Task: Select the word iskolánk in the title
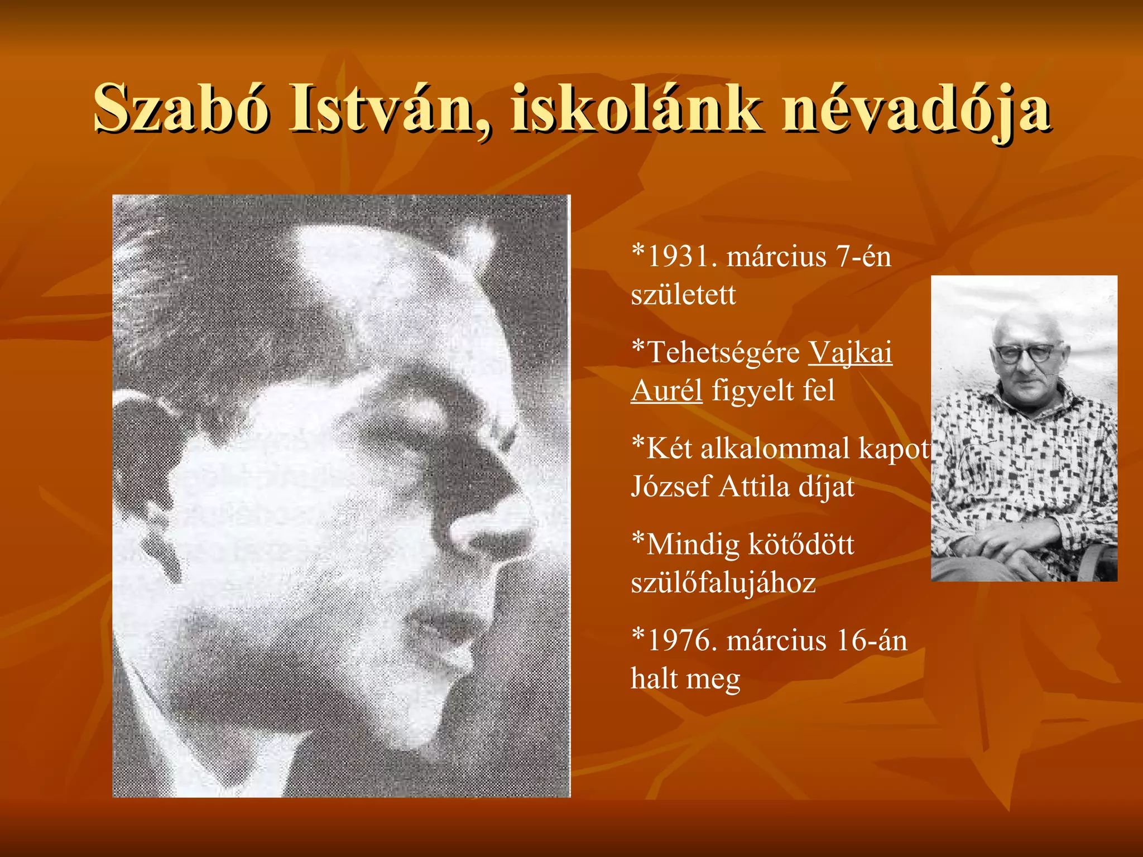click(x=636, y=108)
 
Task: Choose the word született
click(x=683, y=295)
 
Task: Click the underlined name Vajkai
click(x=850, y=353)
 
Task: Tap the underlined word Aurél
click(x=666, y=391)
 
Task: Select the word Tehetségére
click(x=723, y=354)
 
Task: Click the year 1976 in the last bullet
click(x=681, y=641)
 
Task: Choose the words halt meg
click(x=685, y=679)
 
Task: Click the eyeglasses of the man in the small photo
click(x=1025, y=353)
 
